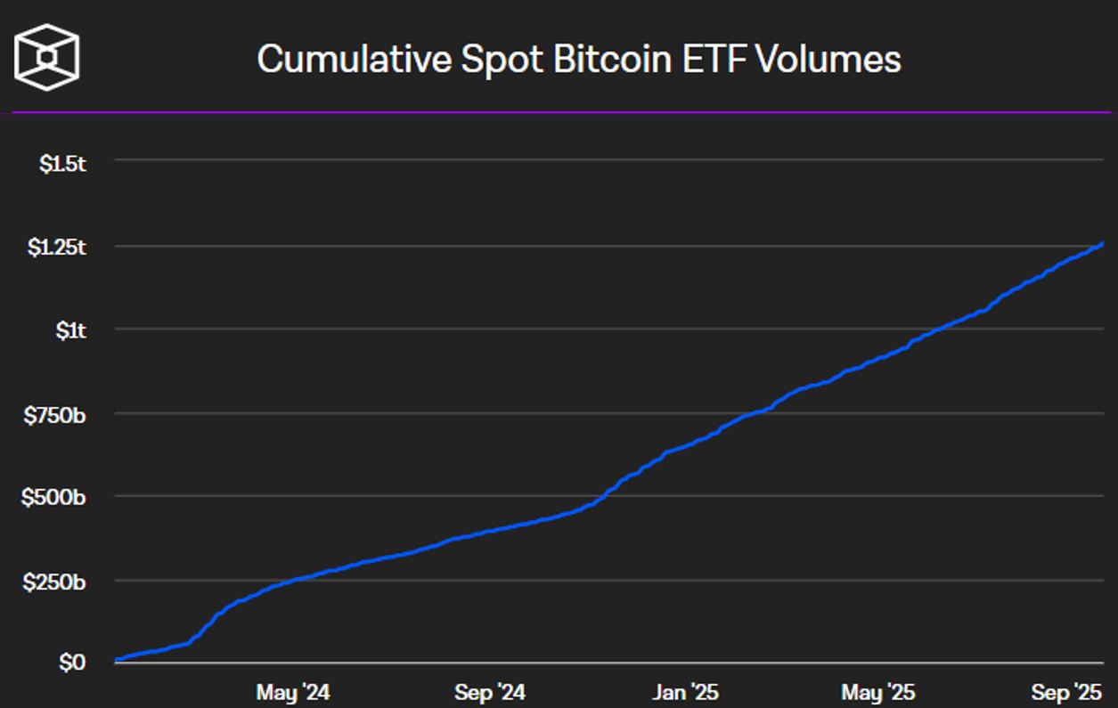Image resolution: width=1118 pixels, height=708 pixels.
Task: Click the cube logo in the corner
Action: coord(46,58)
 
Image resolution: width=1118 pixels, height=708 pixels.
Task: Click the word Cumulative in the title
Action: coord(353,60)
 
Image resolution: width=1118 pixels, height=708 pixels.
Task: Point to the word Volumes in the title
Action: coord(828,60)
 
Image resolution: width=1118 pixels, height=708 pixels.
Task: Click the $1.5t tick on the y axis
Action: coord(62,163)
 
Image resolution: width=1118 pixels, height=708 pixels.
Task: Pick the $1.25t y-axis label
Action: coord(56,248)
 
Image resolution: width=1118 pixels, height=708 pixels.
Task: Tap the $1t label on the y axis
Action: coord(70,330)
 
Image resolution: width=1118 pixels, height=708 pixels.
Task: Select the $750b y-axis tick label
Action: coord(54,414)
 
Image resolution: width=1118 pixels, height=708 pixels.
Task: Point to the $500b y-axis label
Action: coord(53,497)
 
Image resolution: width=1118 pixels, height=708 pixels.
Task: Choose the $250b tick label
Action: coord(54,582)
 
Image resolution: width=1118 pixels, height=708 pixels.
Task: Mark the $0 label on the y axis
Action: coord(72,663)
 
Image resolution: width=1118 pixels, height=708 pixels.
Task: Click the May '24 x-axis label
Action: coord(292,692)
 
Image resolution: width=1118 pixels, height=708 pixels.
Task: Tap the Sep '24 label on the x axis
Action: coord(489,692)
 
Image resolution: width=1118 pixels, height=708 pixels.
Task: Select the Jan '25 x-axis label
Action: coord(684,692)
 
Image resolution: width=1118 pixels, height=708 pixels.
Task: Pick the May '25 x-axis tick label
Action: coord(877,692)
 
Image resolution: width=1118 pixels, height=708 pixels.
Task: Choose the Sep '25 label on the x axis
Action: coord(1066,692)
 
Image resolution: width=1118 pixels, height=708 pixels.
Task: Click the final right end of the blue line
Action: coord(1103,242)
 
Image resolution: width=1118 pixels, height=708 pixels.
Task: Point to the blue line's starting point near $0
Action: coord(117,660)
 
